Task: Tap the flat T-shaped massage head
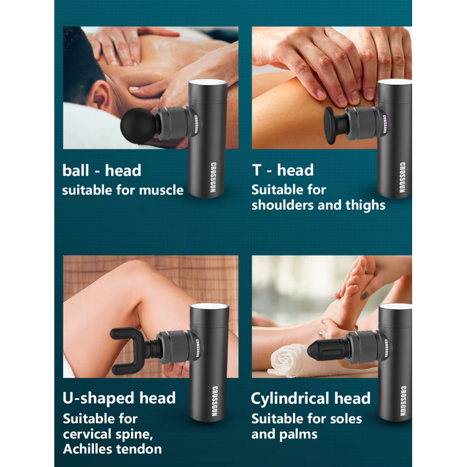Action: click(333, 123)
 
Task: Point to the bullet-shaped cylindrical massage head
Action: click(330, 349)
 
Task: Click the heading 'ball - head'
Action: click(102, 170)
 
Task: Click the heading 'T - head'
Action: click(283, 170)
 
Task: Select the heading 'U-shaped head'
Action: click(119, 398)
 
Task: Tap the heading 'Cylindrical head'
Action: click(311, 399)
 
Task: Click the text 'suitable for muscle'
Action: click(123, 190)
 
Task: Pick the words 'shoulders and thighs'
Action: click(319, 205)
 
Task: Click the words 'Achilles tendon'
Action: click(112, 449)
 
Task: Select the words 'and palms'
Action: click(284, 434)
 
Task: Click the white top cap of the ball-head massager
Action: click(207, 83)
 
